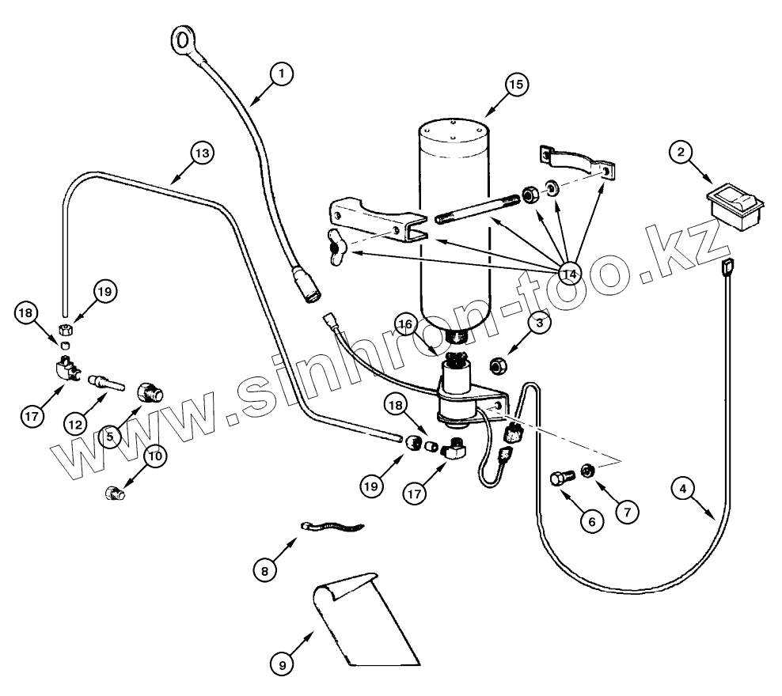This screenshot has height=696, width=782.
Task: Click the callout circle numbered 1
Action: coord(281,74)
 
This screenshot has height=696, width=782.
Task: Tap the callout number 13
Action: coord(201,153)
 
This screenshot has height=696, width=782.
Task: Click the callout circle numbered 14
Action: coord(568,274)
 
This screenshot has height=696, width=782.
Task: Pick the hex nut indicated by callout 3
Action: coord(500,365)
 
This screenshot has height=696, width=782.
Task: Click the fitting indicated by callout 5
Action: coord(150,391)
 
